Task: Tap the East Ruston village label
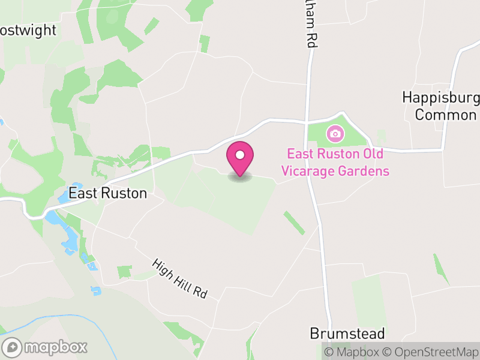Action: [107, 193]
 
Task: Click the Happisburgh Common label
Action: [441, 106]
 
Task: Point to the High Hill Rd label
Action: [179, 279]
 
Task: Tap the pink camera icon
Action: [335, 133]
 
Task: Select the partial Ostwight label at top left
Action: [28, 31]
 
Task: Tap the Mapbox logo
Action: [45, 347]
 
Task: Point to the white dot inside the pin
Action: [240, 155]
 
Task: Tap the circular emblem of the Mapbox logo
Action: [12, 347]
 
